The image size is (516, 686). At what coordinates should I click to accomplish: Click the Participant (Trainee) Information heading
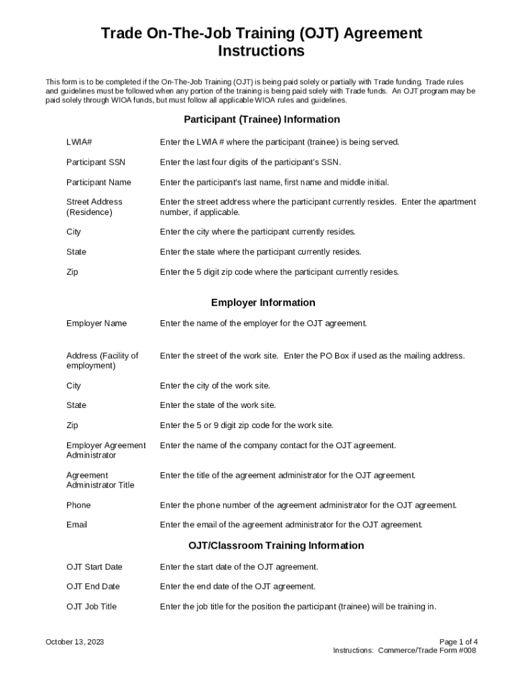point(261,119)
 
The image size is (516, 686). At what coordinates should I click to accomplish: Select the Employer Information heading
point(263,302)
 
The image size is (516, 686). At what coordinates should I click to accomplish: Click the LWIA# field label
point(78,142)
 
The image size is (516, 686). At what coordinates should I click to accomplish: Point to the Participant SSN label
point(95,162)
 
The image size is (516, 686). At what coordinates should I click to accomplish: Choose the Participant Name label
point(99,182)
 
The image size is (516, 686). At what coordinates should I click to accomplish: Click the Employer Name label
point(96,324)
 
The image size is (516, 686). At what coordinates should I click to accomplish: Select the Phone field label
point(78,505)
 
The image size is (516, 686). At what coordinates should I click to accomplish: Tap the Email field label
point(76,525)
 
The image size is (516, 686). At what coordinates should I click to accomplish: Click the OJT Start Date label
point(94,567)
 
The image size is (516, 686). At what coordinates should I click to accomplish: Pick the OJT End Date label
point(92,586)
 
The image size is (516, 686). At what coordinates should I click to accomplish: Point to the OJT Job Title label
point(91,606)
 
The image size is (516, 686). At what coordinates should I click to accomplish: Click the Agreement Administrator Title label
point(100,480)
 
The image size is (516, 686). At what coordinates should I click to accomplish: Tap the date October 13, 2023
point(74,642)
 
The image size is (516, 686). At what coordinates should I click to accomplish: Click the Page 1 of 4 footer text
point(458,642)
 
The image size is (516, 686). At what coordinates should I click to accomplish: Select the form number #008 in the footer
point(466,650)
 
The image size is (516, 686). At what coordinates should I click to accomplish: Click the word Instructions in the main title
point(261,52)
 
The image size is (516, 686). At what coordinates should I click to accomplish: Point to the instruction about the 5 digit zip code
point(279,272)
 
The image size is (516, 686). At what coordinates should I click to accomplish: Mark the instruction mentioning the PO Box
point(312,356)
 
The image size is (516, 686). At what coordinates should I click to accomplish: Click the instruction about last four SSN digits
point(250,162)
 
